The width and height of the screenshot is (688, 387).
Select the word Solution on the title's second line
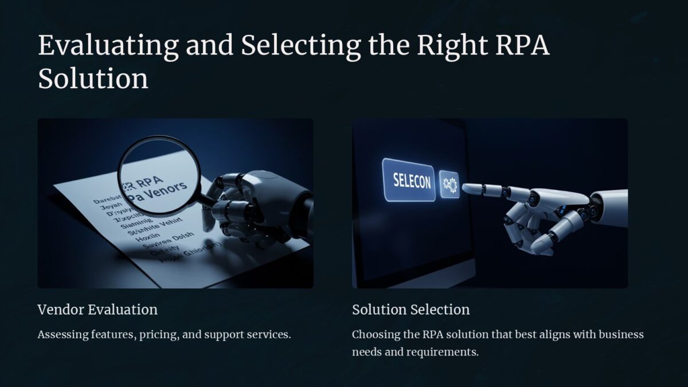pos(93,79)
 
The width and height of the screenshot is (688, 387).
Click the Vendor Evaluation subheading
pos(97,310)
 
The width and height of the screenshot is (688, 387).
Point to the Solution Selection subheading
pos(411,310)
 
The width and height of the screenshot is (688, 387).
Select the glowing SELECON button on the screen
pos(408,180)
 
